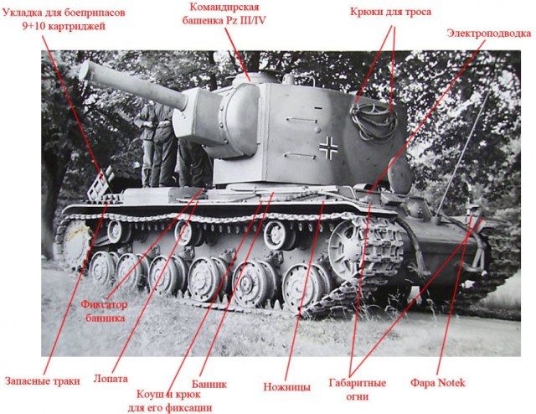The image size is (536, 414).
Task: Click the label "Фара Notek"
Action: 437,382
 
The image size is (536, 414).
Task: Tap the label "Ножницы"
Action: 286,387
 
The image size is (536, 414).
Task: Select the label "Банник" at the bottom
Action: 209,384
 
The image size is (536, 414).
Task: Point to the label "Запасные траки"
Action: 43,380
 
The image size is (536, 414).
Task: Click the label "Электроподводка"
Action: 489,34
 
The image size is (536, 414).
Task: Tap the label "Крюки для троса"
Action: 390,12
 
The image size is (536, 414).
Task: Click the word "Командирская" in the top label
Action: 224,7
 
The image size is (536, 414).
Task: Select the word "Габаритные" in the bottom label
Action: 358,382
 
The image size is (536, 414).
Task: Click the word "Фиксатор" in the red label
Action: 104,304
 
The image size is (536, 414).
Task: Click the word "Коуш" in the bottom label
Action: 149,394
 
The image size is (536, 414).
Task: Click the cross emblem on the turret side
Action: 328,147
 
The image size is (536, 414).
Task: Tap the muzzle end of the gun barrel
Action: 85,70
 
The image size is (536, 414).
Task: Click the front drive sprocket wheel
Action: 347,247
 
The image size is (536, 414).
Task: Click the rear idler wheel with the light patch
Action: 74,243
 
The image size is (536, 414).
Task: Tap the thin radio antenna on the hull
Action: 462,154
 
